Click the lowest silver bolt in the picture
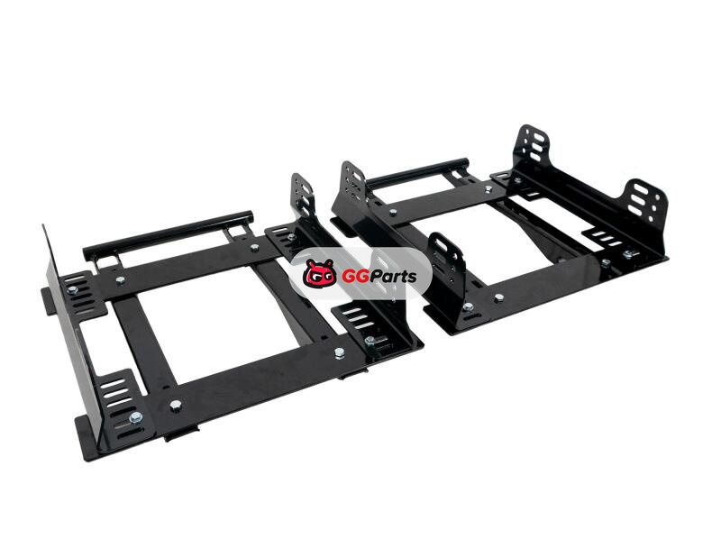coord(135,417)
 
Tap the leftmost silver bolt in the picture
coord(72,290)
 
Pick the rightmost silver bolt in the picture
coord(628,253)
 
